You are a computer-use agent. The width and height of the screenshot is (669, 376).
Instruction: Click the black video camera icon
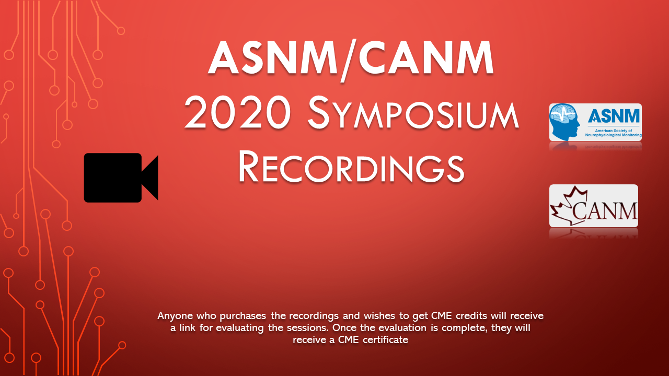(121, 178)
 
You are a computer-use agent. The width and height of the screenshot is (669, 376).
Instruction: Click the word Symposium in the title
(413, 114)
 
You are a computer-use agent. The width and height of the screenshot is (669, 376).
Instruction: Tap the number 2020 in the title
(238, 113)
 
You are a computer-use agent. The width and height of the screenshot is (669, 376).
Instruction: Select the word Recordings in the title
(351, 166)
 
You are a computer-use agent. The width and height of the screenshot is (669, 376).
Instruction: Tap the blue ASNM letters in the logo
(614, 116)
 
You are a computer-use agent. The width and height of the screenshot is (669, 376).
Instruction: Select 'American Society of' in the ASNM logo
(614, 131)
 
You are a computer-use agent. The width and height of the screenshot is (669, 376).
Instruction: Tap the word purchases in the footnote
(243, 316)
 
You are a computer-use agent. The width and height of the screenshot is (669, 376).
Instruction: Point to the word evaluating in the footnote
(240, 328)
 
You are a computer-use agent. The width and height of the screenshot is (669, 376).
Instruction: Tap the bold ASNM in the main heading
(273, 58)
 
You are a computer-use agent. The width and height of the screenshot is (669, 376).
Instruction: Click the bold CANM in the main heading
(425, 58)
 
